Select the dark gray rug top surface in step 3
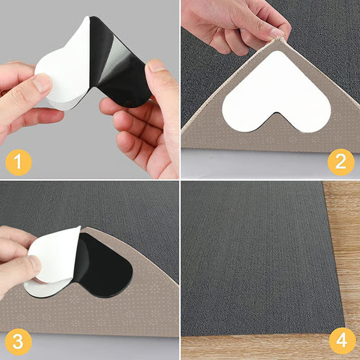coord(108,209)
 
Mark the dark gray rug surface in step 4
coord(252,252)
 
